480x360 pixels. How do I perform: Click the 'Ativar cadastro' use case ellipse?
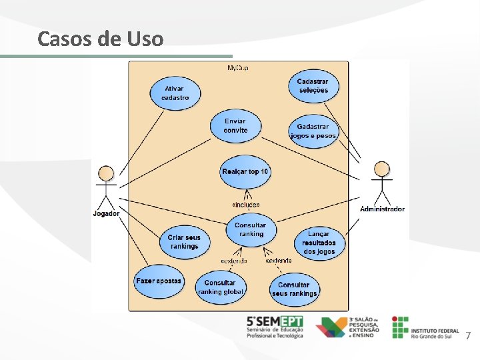click(175, 93)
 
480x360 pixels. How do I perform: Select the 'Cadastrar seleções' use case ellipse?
click(313, 85)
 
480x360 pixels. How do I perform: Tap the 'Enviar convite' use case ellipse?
click(235, 125)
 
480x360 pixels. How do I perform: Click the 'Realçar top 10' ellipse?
click(245, 172)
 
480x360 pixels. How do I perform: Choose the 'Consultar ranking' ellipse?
click(251, 229)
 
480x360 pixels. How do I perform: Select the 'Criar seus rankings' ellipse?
click(183, 241)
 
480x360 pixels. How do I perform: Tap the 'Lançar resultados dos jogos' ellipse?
click(319, 243)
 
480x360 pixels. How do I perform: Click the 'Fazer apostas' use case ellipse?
click(158, 281)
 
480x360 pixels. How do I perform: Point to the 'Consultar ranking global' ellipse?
click(220, 287)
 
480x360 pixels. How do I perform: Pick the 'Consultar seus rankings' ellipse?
click(294, 289)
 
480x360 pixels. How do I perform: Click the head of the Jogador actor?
click(105, 173)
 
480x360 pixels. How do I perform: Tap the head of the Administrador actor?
click(382, 168)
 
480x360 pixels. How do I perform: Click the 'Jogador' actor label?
click(106, 213)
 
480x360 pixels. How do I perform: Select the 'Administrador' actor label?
click(382, 209)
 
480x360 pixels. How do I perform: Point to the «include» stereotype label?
click(245, 204)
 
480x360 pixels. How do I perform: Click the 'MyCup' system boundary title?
click(239, 68)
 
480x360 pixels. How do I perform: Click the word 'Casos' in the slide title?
click(65, 39)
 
